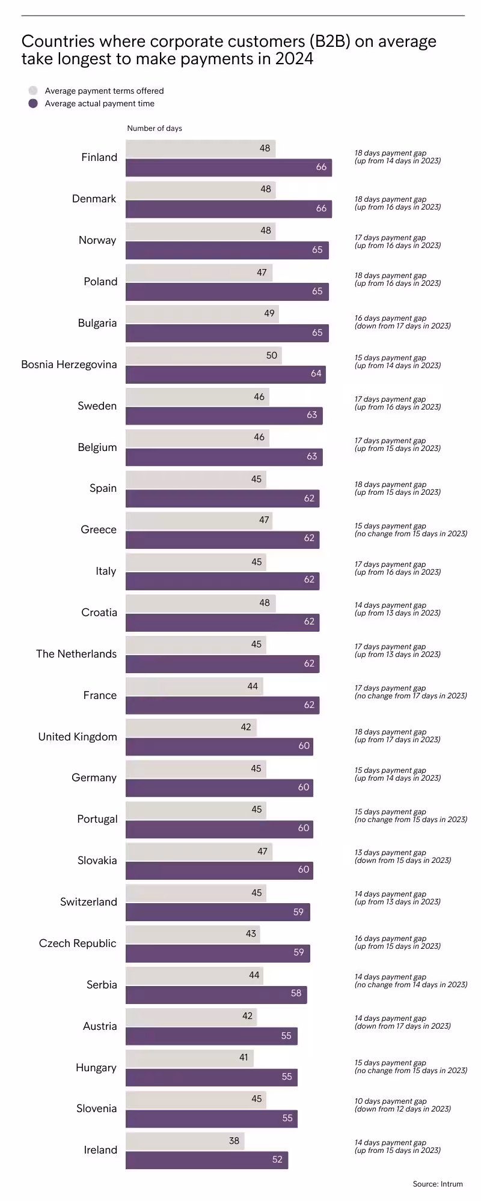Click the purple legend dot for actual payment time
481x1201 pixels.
[33, 104]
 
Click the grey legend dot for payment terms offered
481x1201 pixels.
[33, 91]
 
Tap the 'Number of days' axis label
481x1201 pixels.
[155, 129]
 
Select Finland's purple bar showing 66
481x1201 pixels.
[228, 167]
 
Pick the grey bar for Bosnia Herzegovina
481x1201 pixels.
[203, 355]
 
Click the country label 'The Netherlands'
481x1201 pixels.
[76, 654]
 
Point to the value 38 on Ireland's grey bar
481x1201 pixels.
[234, 1141]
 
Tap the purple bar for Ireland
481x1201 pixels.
[207, 1160]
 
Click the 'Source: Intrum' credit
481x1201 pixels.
[438, 1184]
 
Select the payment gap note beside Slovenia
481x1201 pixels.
[402, 1105]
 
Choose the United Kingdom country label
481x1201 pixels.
[78, 737]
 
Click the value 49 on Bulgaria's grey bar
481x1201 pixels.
[269, 313]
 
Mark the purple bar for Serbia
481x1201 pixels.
[216, 994]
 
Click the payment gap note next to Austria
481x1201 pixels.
[402, 1022]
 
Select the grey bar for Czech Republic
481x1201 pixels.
[192, 934]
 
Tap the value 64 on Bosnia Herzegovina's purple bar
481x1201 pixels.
[316, 374]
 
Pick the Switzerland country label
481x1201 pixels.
[88, 902]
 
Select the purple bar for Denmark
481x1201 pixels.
[228, 208]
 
